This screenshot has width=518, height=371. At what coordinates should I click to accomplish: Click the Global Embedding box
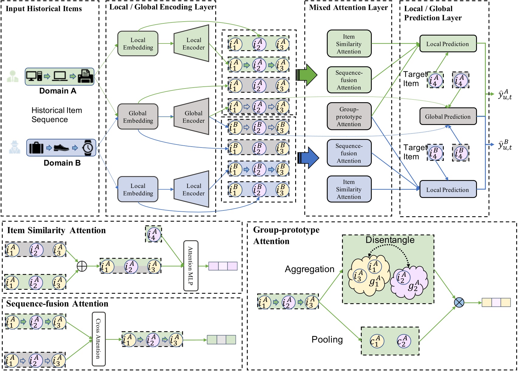[138, 117]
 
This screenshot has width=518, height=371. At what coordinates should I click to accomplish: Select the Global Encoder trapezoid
[192, 116]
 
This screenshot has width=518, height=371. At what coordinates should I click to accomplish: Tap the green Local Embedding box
[138, 43]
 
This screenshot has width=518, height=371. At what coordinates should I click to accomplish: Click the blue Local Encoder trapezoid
[192, 189]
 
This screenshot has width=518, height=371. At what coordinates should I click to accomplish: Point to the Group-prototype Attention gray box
[349, 116]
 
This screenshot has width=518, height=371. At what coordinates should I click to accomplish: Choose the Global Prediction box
[448, 116]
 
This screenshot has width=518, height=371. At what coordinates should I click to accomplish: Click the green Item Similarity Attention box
[349, 44]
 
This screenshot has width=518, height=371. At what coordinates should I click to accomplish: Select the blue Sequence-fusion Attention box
[349, 153]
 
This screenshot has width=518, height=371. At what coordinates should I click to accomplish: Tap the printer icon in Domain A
[86, 76]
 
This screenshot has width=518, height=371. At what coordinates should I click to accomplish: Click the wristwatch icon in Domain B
[88, 148]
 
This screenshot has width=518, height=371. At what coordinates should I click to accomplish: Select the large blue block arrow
[308, 158]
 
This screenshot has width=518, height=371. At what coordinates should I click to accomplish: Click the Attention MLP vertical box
[191, 266]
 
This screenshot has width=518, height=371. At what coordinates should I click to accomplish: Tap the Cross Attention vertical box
[98, 339]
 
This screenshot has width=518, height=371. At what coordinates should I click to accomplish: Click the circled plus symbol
[82, 266]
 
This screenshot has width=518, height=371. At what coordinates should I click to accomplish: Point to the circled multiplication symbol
[459, 302]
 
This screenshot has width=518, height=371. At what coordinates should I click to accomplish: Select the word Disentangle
[390, 240]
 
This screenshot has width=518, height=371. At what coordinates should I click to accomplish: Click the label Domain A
[58, 91]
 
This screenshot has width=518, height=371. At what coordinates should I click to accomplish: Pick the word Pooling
[327, 339]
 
